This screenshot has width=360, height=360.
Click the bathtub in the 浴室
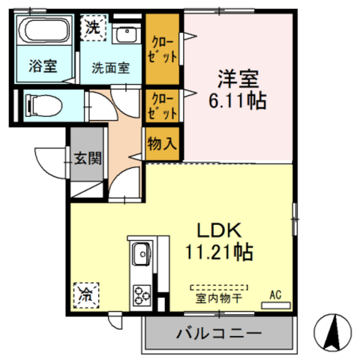[43, 30]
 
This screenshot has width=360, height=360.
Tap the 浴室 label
[43, 66]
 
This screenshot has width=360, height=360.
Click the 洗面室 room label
[111, 67]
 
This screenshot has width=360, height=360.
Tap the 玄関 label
[89, 158]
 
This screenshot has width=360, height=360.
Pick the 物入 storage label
[162, 143]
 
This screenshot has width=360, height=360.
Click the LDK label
[219, 230]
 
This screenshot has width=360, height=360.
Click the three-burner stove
[142, 294]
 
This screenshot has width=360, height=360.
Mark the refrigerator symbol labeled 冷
[86, 292]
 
